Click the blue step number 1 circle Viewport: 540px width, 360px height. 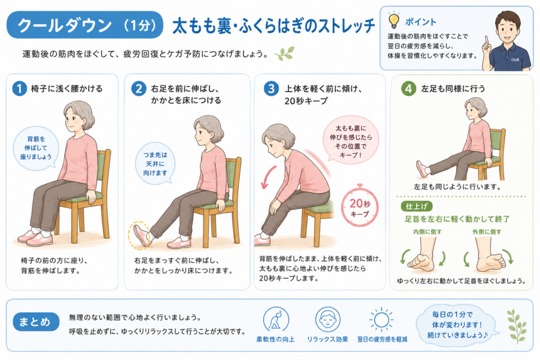pyautogui.click(x=20, y=89)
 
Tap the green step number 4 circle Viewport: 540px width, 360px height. pyautogui.click(x=409, y=89)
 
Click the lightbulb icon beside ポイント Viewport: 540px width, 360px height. pyautogui.click(x=393, y=20)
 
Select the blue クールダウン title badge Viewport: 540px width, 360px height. pyautogui.click(x=85, y=25)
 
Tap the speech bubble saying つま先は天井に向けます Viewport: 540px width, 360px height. pyautogui.click(x=156, y=164)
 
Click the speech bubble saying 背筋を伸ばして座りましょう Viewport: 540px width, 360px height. pyautogui.click(x=36, y=148)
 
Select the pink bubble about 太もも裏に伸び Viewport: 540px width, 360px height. pyautogui.click(x=351, y=141)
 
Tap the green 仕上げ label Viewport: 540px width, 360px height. pyautogui.click(x=417, y=206)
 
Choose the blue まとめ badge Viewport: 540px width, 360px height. pyautogui.click(x=36, y=322)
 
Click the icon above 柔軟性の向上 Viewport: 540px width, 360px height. pyautogui.click(x=276, y=319)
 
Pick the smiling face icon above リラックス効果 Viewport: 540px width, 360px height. pyautogui.click(x=327, y=319)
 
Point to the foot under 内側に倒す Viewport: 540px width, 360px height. pyautogui.click(x=423, y=255)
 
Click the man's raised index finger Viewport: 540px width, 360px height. pyautogui.click(x=487, y=40)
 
